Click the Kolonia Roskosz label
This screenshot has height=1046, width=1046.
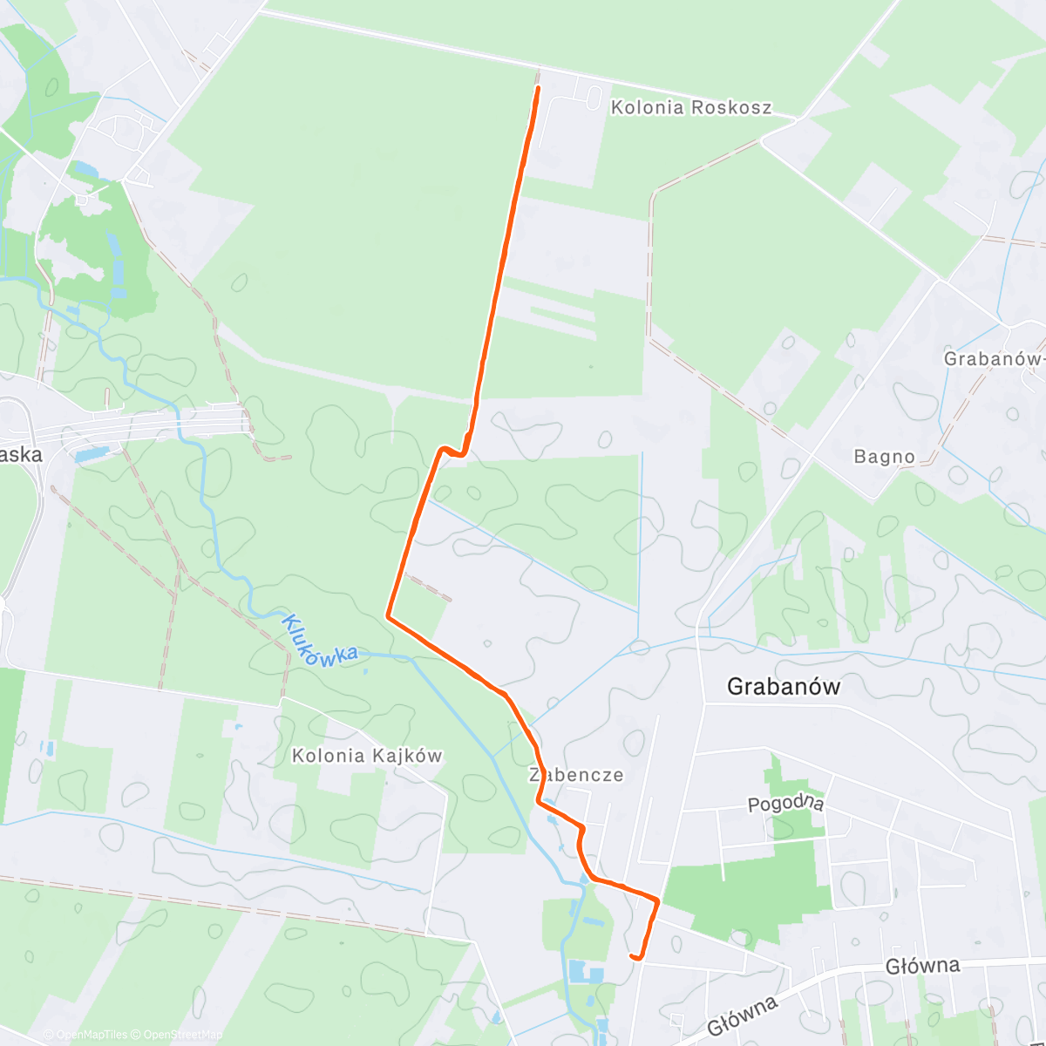[x=691, y=108]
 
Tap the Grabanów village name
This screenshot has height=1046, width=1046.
[x=784, y=687]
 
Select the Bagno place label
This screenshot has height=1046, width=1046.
[x=885, y=457]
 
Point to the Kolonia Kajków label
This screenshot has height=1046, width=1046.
[x=367, y=756]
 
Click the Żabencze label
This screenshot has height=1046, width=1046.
[x=576, y=775]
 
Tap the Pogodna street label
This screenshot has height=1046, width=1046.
[x=785, y=803]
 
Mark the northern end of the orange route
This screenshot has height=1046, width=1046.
[x=537, y=88]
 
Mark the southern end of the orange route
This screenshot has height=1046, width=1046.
[x=632, y=956]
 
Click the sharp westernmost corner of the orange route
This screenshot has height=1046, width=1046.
[x=388, y=616]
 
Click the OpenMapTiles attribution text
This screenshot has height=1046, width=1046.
[x=85, y=1035]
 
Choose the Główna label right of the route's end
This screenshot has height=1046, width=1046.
[x=922, y=966]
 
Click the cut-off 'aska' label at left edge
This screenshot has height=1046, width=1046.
[x=21, y=455]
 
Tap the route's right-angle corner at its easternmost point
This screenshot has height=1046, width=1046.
[x=656, y=898]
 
